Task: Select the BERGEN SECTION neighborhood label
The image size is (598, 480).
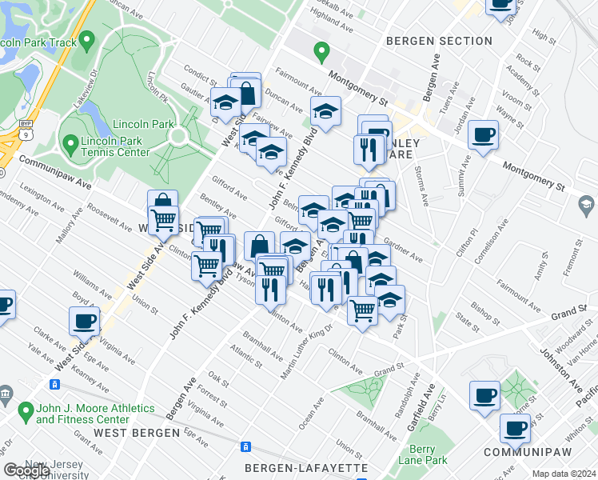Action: [439, 41]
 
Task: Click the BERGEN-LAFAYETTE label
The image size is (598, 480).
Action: [306, 467]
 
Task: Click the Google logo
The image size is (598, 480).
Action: [27, 470]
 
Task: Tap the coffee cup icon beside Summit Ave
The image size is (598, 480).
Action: [483, 135]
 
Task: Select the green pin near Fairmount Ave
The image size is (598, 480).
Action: [322, 53]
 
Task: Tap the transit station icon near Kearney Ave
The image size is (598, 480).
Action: [55, 385]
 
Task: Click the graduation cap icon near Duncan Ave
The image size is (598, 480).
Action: [325, 111]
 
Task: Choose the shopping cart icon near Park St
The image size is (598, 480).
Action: [363, 309]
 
